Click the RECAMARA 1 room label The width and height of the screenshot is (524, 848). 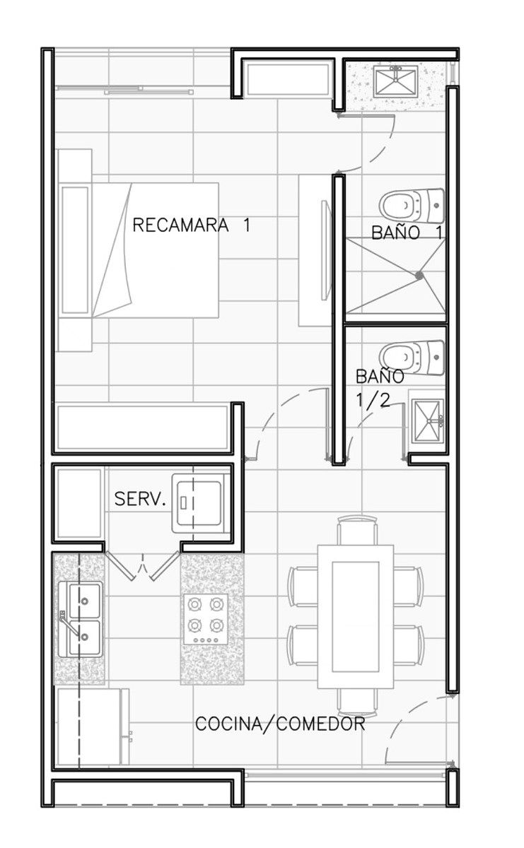pos(192,225)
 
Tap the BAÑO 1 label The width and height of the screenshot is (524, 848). pos(407,232)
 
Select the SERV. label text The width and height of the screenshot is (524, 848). pos(140,499)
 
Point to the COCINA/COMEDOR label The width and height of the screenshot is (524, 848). pos(280,724)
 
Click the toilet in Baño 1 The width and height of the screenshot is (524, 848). pos(412,206)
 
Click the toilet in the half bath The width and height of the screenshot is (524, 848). pos(412,357)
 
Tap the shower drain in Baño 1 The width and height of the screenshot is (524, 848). pos(419,276)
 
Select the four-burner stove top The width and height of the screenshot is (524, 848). pos(206,619)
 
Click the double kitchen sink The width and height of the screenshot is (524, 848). pos(81,619)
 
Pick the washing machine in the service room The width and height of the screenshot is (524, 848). pos(198,503)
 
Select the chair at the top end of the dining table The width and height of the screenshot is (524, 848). pos(357,530)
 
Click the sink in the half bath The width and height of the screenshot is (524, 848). pos(428,420)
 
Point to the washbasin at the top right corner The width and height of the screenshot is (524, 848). pos(396,81)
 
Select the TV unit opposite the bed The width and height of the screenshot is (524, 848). pos(316,250)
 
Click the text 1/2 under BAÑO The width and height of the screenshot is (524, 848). pos(373,399)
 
